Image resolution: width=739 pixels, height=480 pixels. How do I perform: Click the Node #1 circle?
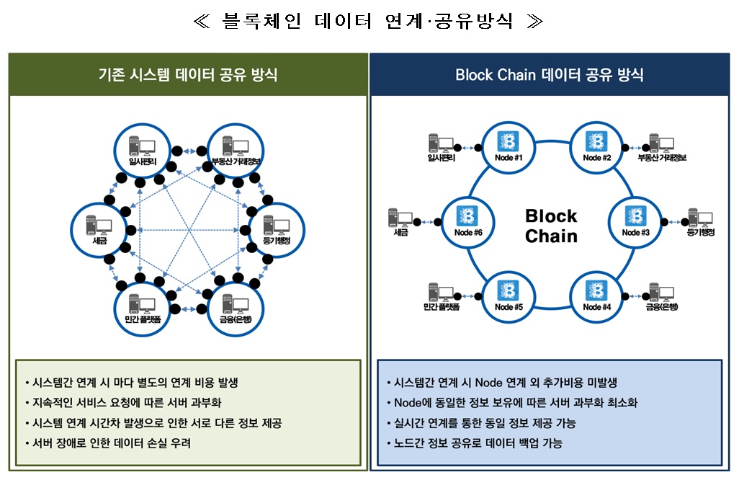click(508, 146)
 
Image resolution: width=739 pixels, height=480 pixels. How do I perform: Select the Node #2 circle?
click(597, 146)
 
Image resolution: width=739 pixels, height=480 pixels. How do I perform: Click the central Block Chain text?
click(551, 226)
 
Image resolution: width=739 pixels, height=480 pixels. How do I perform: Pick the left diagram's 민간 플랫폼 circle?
click(140, 306)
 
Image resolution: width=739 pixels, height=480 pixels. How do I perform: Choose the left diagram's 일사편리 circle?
click(140, 150)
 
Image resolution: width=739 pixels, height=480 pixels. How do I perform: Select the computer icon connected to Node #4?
click(662, 295)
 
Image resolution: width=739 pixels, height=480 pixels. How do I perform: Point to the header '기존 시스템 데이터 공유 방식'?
click(188, 75)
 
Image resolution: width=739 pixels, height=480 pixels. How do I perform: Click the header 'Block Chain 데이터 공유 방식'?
click(550, 75)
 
